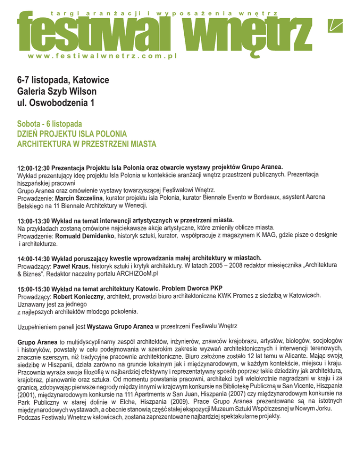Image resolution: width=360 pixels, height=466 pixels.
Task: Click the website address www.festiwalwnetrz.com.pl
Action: pos(101,56)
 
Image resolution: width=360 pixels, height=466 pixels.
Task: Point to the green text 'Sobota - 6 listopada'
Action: pos(49,124)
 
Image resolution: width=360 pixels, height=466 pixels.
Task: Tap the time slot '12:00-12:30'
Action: pos(33,168)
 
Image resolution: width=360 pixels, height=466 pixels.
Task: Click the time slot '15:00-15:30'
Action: pos(33,289)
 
